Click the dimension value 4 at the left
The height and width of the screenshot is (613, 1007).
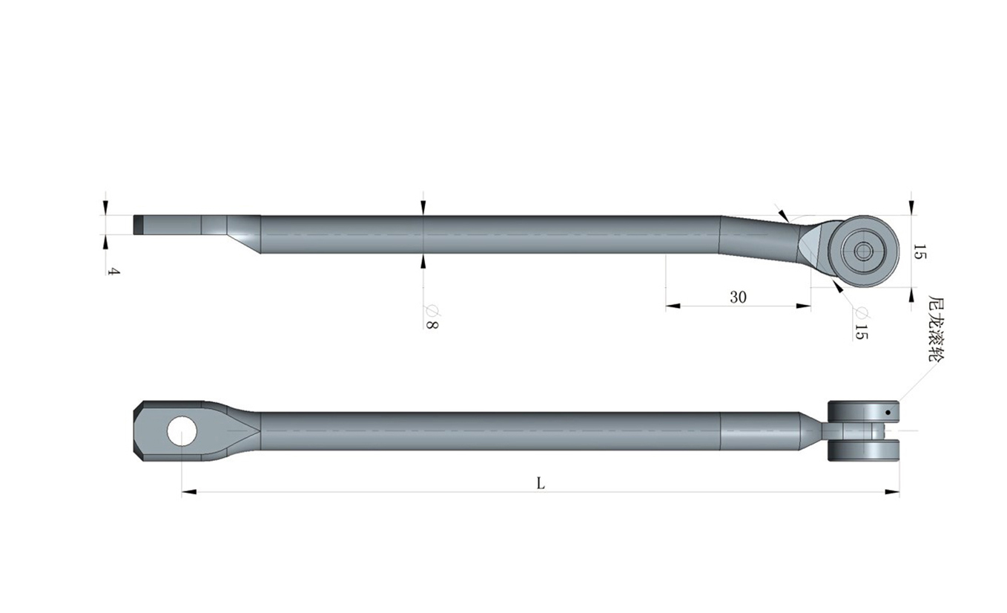pyautogui.click(x=115, y=272)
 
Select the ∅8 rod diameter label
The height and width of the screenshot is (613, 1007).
pyautogui.click(x=432, y=317)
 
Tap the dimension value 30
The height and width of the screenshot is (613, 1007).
pyautogui.click(x=738, y=297)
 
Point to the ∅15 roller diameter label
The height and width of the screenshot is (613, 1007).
pyautogui.click(x=862, y=324)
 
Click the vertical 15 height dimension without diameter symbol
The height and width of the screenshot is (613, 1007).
pyautogui.click(x=919, y=252)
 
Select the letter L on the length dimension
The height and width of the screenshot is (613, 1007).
pyautogui.click(x=541, y=484)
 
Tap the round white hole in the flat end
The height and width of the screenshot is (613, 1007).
pyautogui.click(x=182, y=431)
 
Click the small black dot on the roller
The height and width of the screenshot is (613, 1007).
pyautogui.click(x=888, y=413)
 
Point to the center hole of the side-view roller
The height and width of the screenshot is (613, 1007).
pyautogui.click(x=862, y=251)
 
